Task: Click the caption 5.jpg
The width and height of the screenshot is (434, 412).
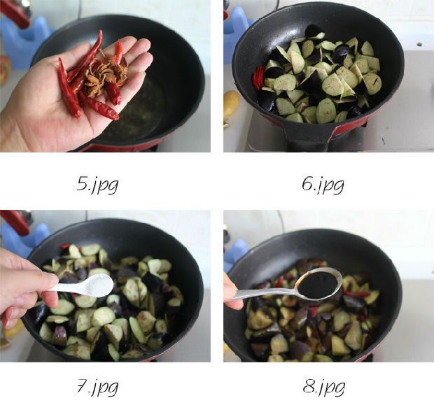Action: [x=97, y=185]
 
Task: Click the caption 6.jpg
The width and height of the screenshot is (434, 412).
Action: [x=323, y=185]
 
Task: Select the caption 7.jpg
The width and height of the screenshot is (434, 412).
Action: [x=97, y=387]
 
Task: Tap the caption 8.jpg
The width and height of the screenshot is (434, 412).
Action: [x=324, y=387]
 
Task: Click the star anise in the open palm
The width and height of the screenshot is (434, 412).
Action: [x=106, y=73]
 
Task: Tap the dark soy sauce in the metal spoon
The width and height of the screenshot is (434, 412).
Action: [x=318, y=285]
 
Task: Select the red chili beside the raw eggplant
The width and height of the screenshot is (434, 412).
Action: [x=260, y=77]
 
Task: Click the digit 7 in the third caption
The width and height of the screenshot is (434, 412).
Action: [x=82, y=386]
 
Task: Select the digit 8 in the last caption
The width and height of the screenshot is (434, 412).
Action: [x=309, y=386]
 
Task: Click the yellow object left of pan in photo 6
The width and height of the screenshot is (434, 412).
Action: [x=231, y=105]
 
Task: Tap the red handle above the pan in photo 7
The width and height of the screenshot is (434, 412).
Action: [x=15, y=221]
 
